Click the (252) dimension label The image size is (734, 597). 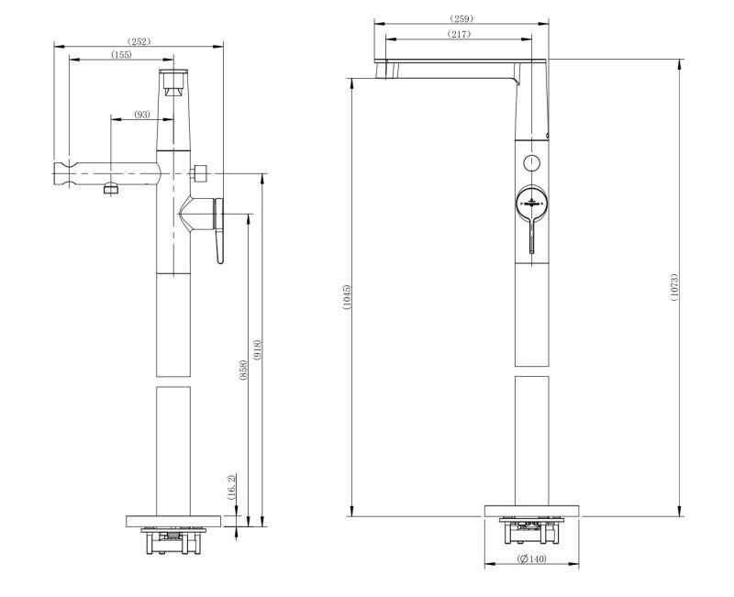coord(139,41)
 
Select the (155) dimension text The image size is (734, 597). coord(121,55)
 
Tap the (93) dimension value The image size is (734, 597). coord(142,115)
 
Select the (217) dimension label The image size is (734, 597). coord(459,34)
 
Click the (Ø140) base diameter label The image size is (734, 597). coord(531,559)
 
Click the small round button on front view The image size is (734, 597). coord(530,162)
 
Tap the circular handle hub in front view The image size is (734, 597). coord(530,202)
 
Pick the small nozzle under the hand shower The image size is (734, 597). coord(110,188)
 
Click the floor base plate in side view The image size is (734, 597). coord(173,520)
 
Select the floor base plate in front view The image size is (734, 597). coord(531,511)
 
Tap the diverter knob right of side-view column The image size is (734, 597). coord(200,172)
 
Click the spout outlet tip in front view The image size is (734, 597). coord(385,69)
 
